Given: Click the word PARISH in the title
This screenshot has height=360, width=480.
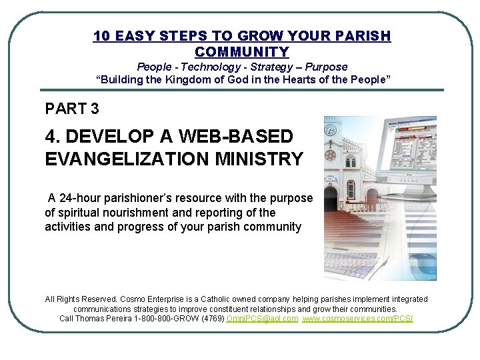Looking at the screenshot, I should click(x=363, y=36).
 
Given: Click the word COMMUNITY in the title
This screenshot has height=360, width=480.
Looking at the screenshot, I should click(x=242, y=52).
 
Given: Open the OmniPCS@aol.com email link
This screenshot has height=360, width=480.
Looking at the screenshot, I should click(x=262, y=319).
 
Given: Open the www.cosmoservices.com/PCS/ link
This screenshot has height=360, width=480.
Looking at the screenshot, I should click(x=357, y=319).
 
